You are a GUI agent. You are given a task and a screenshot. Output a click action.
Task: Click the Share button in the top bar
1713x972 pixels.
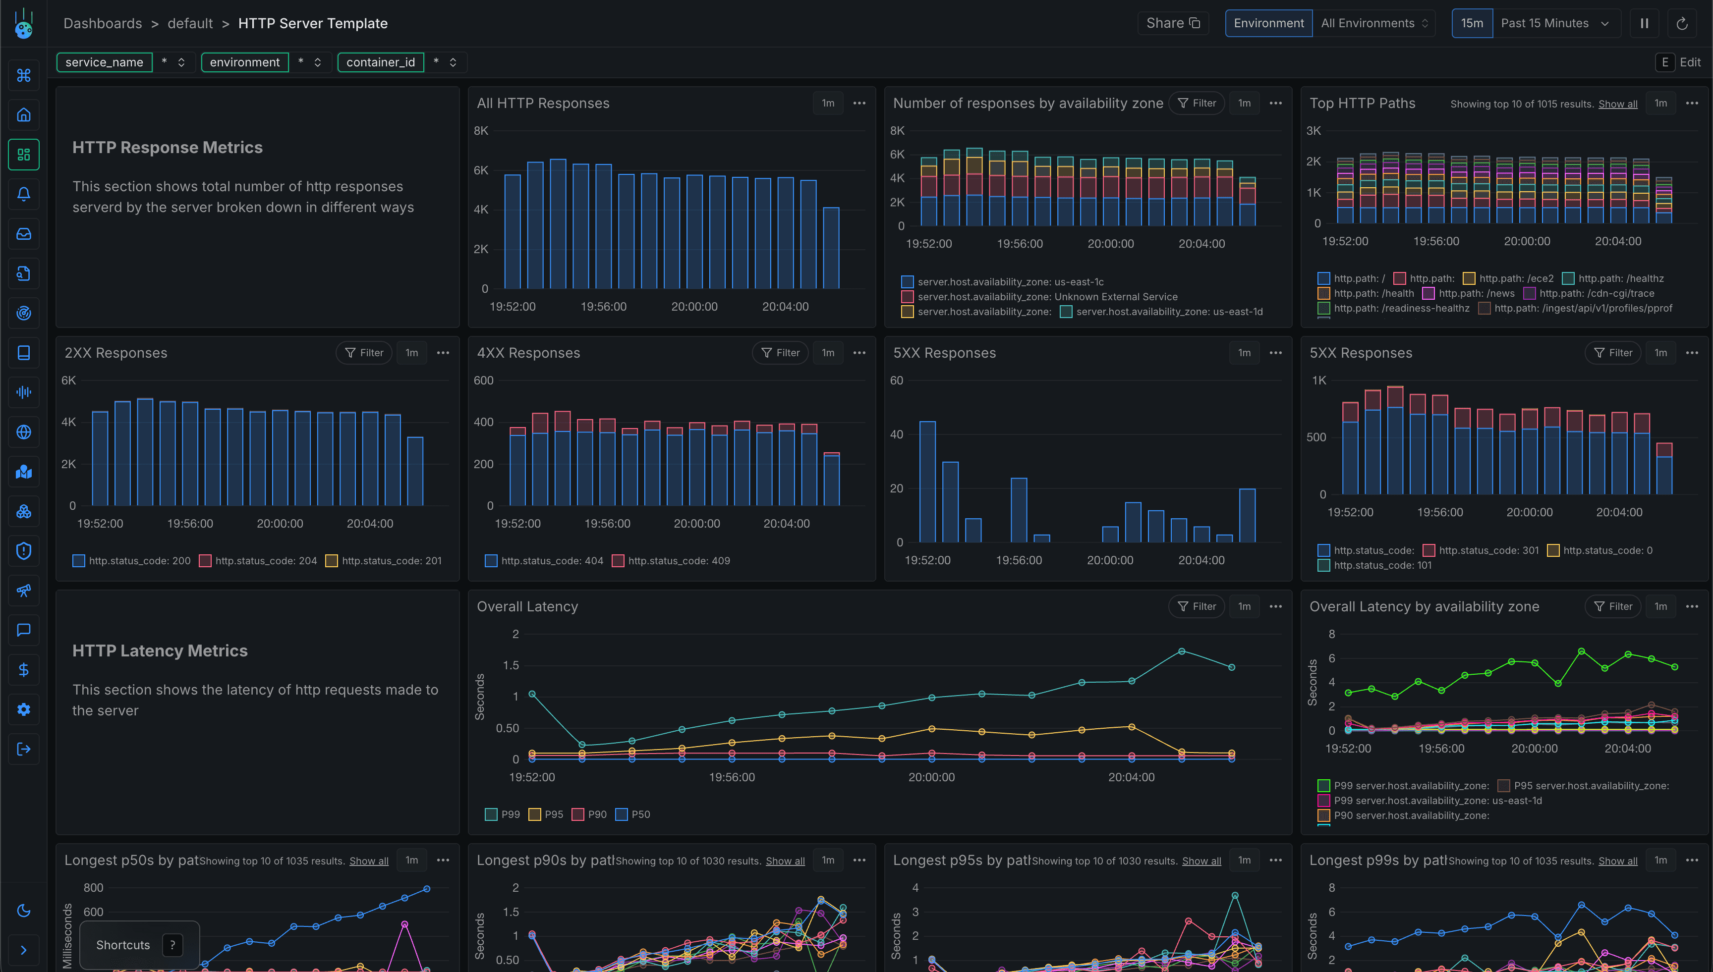[x=1173, y=23]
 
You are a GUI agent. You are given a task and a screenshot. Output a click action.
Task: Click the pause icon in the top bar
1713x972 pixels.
[x=1644, y=23]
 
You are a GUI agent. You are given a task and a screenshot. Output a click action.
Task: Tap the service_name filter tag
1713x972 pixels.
[x=104, y=62]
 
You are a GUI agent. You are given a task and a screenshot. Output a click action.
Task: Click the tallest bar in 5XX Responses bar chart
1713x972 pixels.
[x=927, y=481]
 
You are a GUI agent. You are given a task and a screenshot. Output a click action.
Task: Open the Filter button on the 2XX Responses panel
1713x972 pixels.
[x=364, y=352]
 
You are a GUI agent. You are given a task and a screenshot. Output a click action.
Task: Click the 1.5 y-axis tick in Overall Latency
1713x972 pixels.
[x=510, y=665]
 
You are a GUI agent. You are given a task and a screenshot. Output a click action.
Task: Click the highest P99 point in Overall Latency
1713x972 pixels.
[x=1181, y=651]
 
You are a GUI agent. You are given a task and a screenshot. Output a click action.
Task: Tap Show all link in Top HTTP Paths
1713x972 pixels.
[x=1617, y=104]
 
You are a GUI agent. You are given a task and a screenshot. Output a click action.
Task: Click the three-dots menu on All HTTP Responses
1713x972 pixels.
[x=859, y=103]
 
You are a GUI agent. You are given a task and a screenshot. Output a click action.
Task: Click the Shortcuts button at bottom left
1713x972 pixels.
[x=123, y=945]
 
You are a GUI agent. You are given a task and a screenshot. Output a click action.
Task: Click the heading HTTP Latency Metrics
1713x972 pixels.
[x=160, y=651]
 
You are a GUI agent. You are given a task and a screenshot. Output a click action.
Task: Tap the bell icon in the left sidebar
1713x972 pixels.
[x=23, y=194]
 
